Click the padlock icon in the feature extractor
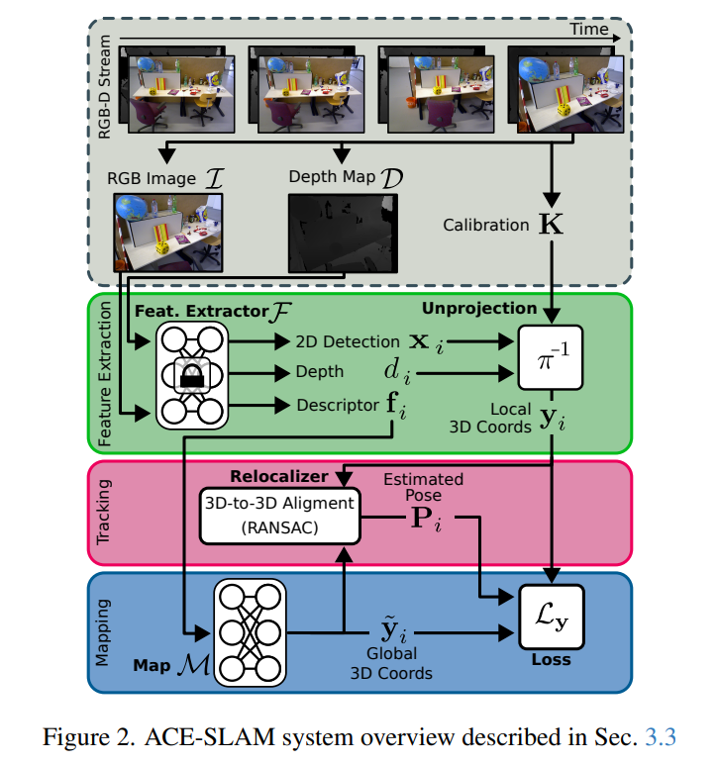pos(190,375)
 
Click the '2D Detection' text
pos(348,341)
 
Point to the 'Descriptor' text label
pos(336,405)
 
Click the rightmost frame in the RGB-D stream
pos(564,90)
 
